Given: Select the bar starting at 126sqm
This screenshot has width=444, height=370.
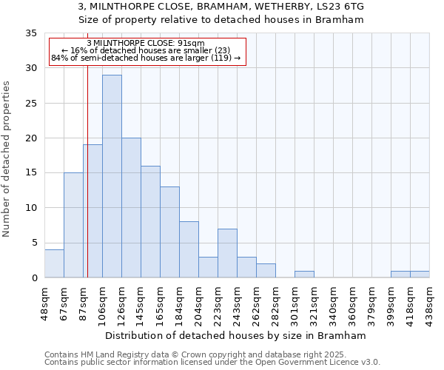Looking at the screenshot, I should tap(131, 208).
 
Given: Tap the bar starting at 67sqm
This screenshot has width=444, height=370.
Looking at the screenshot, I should tap(73, 225).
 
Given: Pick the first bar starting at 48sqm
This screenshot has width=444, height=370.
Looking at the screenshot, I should tap(54, 263).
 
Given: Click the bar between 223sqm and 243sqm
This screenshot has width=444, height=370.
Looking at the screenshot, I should tap(227, 253).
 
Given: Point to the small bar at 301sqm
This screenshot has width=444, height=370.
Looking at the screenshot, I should tap(304, 274).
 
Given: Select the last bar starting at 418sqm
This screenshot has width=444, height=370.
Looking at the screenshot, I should tap(420, 274).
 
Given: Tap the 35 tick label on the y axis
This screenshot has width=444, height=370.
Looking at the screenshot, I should tap(30, 33).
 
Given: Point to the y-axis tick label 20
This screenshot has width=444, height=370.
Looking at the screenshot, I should tap(30, 138).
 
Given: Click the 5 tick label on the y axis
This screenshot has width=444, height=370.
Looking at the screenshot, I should tap(33, 243).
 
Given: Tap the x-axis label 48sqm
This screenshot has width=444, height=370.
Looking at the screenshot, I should tap(44, 303).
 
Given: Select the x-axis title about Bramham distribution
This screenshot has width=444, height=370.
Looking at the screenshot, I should tap(236, 335).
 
